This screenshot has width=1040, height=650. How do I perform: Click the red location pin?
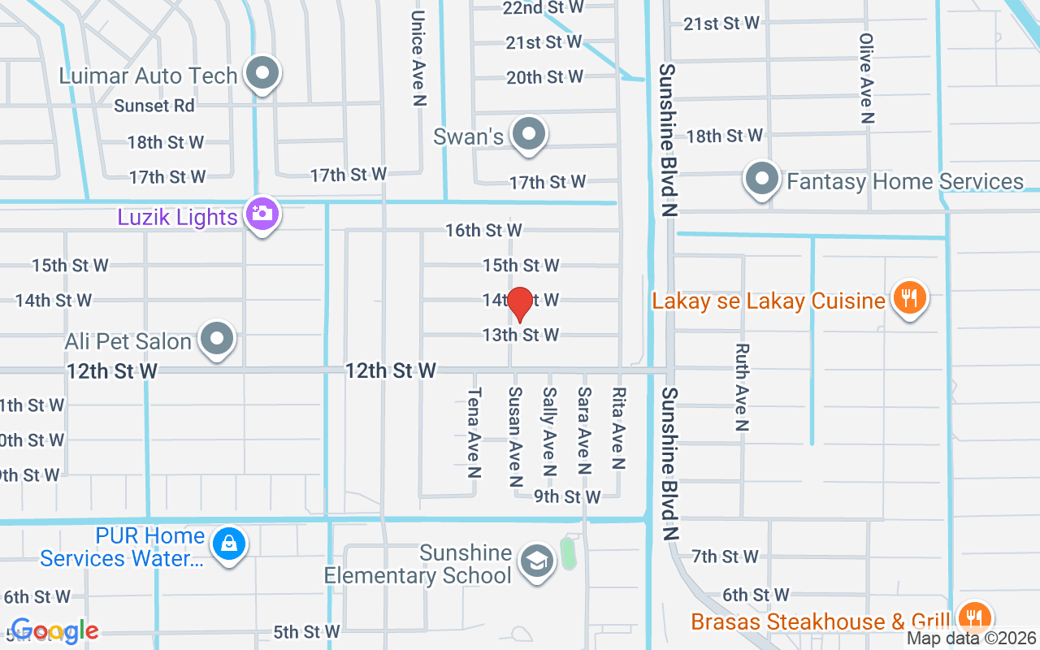(x=519, y=303)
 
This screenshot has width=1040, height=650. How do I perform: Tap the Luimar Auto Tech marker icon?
(x=262, y=74)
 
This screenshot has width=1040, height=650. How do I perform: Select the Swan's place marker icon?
(x=530, y=134)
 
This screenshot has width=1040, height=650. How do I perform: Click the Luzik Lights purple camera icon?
(x=262, y=215)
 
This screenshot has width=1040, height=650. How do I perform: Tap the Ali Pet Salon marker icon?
(x=217, y=339)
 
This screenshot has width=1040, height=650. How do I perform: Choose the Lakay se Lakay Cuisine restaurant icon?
(x=909, y=299)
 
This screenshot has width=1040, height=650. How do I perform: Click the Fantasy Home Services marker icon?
(x=762, y=180)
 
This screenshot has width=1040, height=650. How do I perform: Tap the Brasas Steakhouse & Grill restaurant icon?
(x=973, y=619)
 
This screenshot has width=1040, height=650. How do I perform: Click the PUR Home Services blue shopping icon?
(x=229, y=545)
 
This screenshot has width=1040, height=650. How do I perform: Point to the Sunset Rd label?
(x=154, y=106)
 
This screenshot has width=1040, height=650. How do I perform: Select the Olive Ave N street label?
(x=867, y=78)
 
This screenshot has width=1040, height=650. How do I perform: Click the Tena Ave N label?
(x=474, y=431)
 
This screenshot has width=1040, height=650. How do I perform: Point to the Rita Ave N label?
(x=619, y=429)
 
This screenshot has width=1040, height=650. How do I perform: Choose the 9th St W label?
(x=567, y=496)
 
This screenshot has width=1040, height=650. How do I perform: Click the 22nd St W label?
(x=544, y=7)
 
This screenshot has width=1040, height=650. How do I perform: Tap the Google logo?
(x=54, y=630)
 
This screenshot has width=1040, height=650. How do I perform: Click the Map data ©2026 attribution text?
(x=972, y=639)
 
